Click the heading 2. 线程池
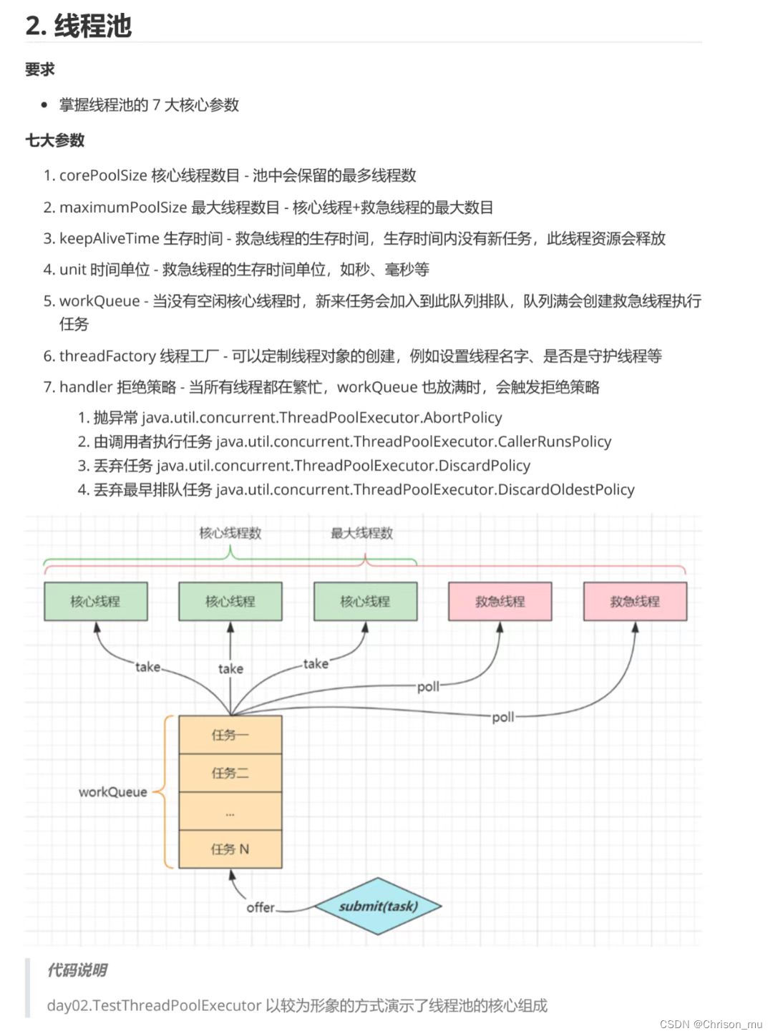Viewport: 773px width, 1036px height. click(79, 26)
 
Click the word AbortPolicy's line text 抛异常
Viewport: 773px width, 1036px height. click(115, 418)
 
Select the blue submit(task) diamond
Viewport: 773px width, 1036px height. click(378, 906)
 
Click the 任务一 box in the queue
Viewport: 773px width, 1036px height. click(230, 735)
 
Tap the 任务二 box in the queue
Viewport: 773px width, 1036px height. click(230, 773)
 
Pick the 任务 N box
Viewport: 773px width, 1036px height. click(230, 849)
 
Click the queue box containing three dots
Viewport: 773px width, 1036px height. click(230, 811)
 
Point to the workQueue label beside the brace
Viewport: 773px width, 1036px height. click(112, 792)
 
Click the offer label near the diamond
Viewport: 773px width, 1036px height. click(261, 907)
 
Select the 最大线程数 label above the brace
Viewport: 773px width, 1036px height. click(361, 533)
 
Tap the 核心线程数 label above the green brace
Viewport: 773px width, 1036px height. click(230, 533)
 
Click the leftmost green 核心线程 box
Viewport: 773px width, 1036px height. click(96, 601)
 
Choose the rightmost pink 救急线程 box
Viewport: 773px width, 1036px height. click(635, 601)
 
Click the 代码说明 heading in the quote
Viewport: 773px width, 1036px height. click(77, 970)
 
